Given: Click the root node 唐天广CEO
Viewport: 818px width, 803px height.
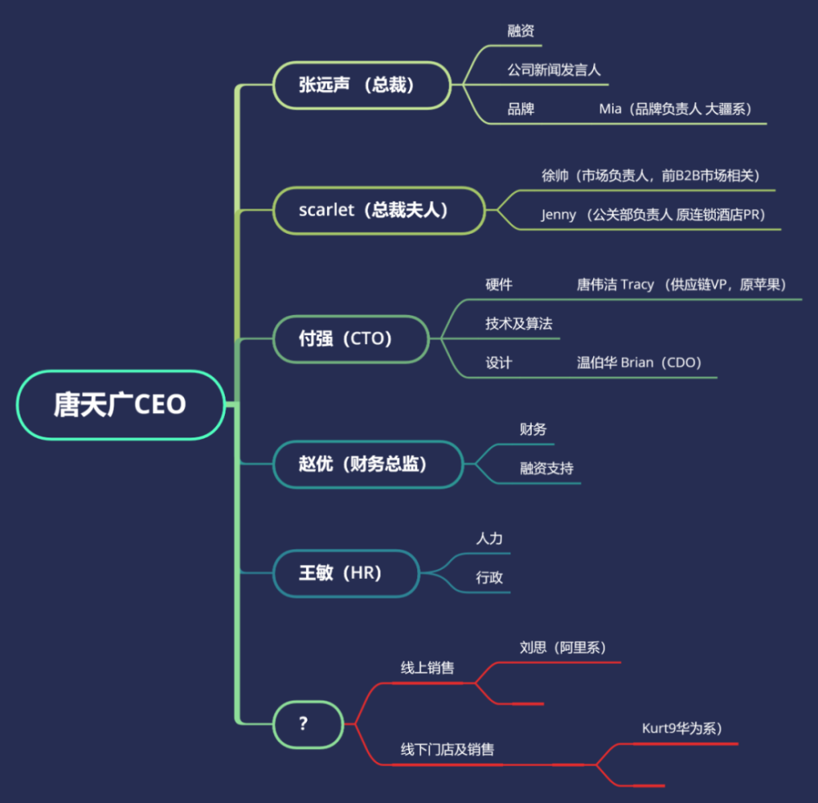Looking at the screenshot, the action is pyautogui.click(x=121, y=405).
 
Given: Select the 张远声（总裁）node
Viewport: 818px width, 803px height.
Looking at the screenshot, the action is pyautogui.click(x=362, y=85).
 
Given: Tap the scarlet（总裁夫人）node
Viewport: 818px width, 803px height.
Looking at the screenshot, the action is pyautogui.click(x=380, y=210).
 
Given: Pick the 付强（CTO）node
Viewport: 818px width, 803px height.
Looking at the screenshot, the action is pyautogui.click(x=351, y=339).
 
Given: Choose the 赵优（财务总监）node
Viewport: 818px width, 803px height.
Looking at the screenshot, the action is pyautogui.click(x=368, y=464).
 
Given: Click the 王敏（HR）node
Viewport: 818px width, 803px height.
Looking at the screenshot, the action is pyautogui.click(x=346, y=573).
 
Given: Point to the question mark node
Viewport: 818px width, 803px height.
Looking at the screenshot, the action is pyautogui.click(x=308, y=724).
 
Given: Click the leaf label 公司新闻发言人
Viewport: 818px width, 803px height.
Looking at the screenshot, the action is pyautogui.click(x=554, y=70).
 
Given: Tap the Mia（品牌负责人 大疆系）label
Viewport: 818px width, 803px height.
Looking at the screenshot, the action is pyautogui.click(x=676, y=109).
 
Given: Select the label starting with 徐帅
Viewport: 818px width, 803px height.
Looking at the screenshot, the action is pyautogui.click(x=650, y=176).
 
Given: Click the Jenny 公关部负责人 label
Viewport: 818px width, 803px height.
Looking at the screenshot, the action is pyautogui.click(x=653, y=215).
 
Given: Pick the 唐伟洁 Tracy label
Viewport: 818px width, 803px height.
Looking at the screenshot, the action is pyautogui.click(x=681, y=285).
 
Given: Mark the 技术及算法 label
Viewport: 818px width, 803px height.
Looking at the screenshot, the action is pyautogui.click(x=519, y=324).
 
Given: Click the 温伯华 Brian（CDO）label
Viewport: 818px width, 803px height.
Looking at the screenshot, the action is pyautogui.click(x=639, y=362).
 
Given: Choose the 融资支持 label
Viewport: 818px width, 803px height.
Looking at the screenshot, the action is pyautogui.click(x=546, y=469).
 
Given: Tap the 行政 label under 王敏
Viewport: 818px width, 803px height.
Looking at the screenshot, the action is pyautogui.click(x=489, y=577).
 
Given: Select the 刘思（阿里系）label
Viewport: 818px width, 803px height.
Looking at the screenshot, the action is pyautogui.click(x=563, y=648).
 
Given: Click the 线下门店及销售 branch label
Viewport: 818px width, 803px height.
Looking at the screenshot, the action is pyautogui.click(x=447, y=750).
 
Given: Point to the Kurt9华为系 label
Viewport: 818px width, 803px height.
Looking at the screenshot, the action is pyautogui.click(x=682, y=729).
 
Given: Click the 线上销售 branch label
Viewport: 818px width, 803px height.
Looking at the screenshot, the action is pyautogui.click(x=427, y=668).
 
